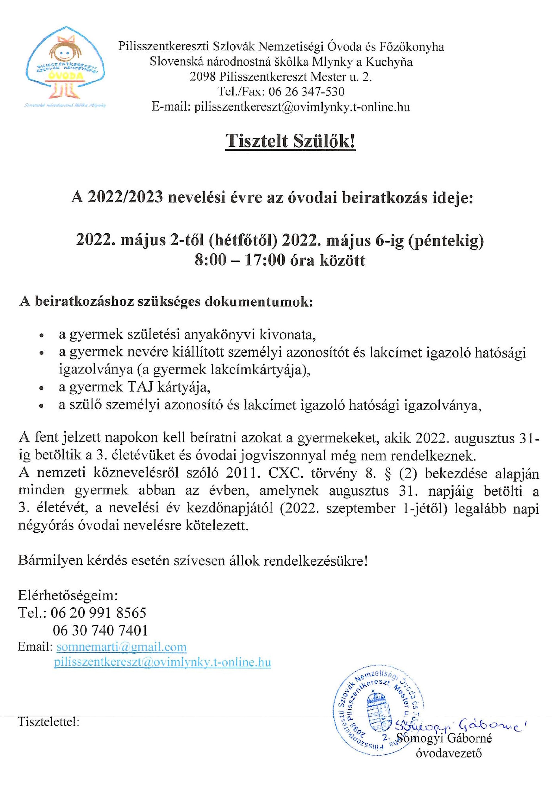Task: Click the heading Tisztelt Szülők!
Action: point(290,141)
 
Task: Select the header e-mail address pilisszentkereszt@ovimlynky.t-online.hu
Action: point(302,107)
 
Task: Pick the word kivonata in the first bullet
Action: point(287,334)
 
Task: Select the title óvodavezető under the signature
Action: point(448,753)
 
